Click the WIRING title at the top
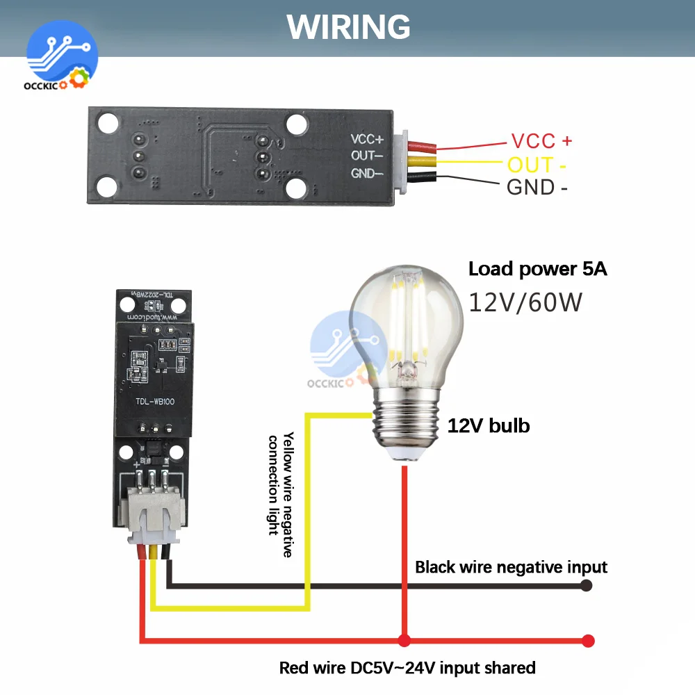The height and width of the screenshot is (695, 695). coord(349,26)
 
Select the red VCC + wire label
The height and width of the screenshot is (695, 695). coord(541,141)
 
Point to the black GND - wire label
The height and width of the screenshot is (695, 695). coord(537,187)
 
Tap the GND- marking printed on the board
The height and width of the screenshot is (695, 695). coord(367,173)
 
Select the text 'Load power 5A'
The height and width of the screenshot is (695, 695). coord(537,269)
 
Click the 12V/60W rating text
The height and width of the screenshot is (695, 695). coord(525,302)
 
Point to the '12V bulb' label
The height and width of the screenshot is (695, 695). coord(488,425)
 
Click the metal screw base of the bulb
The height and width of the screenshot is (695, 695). coord(404,420)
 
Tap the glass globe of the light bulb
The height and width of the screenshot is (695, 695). coord(405,320)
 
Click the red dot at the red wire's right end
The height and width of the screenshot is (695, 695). coord(589,640)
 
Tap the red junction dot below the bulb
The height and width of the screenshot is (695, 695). coord(404,640)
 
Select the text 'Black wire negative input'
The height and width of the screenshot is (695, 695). coord(511,567)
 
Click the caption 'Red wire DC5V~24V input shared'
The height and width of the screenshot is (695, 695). coord(407,668)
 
